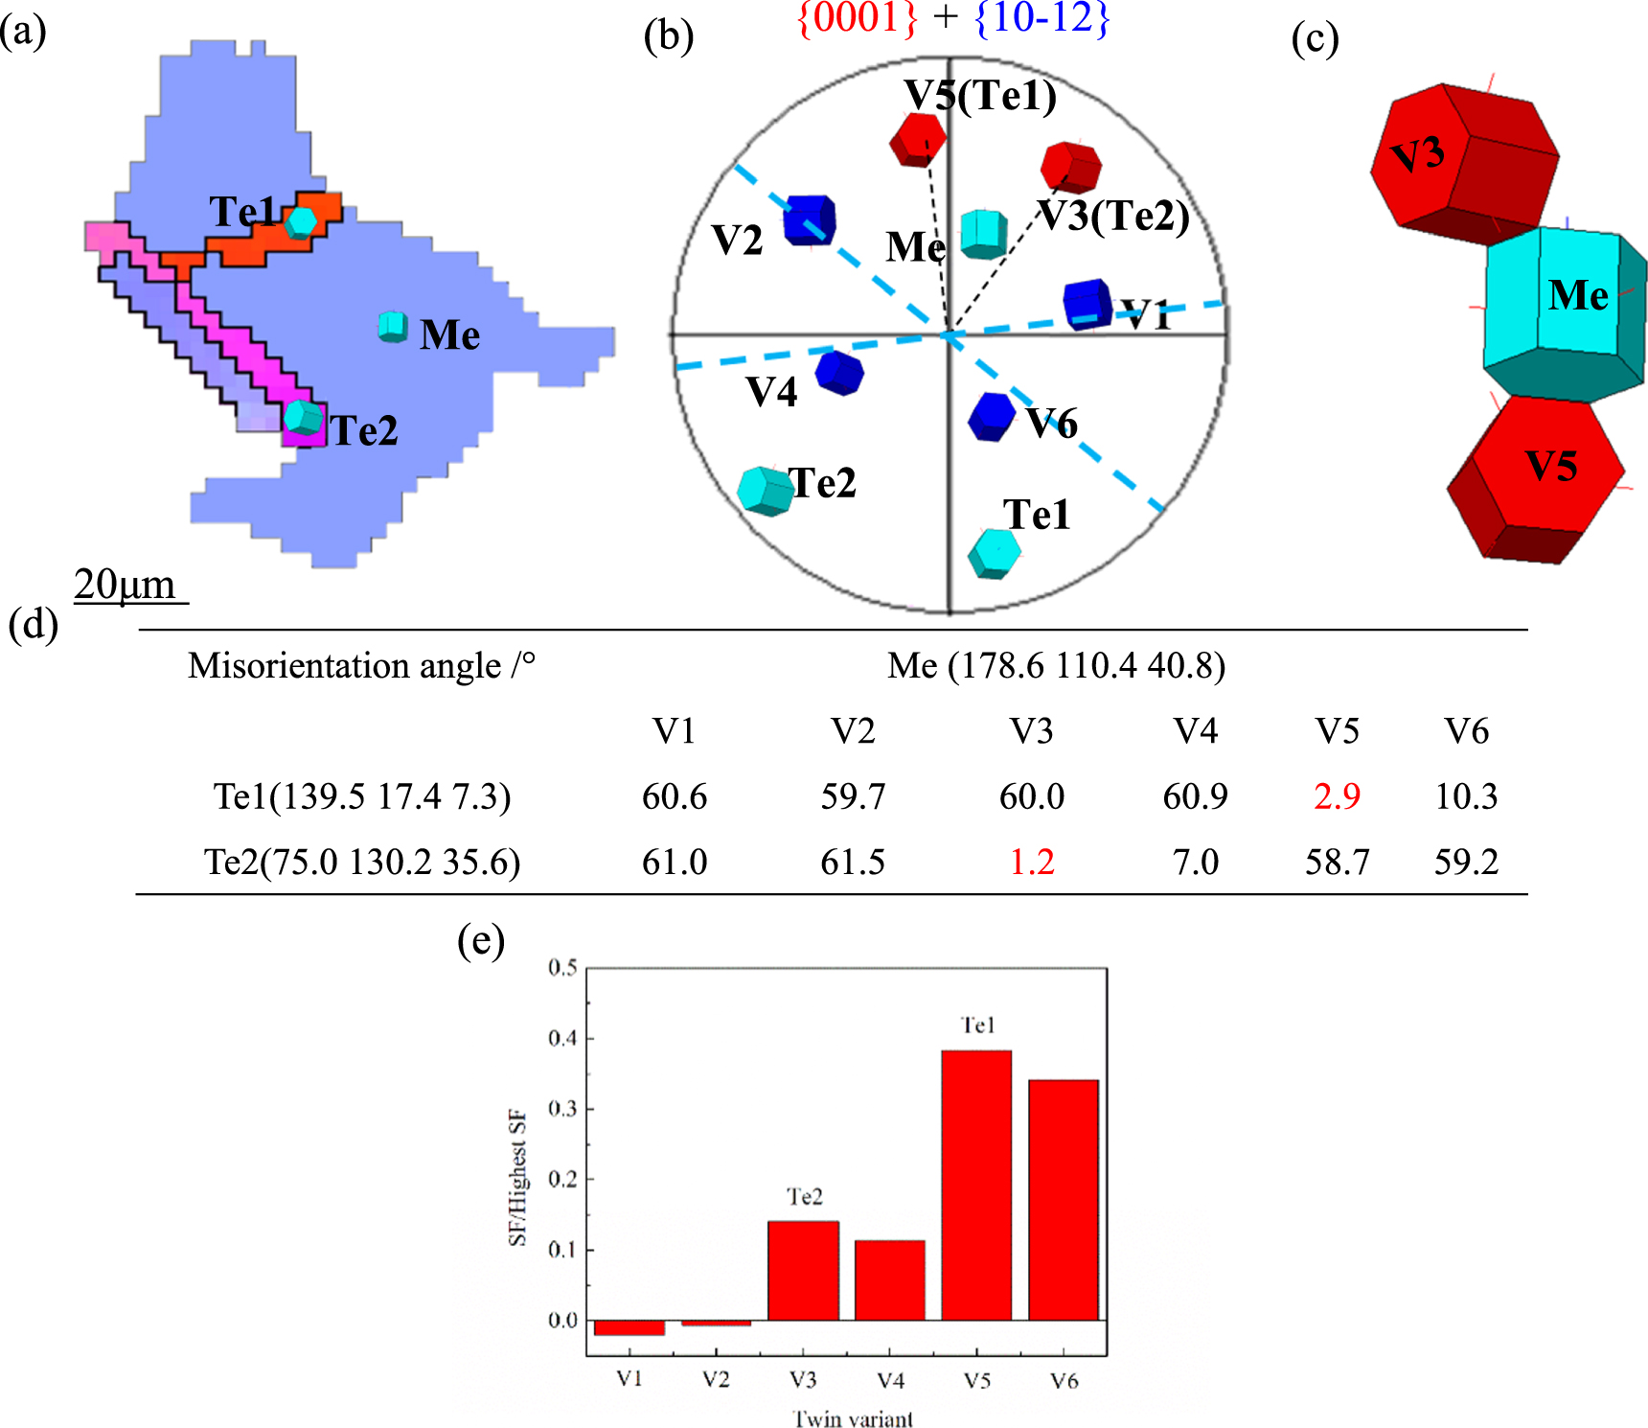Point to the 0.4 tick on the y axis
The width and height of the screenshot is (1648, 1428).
pyautogui.click(x=562, y=1038)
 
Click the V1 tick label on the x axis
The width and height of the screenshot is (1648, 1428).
pyautogui.click(x=629, y=1379)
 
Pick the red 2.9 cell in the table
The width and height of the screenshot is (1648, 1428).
pyautogui.click(x=1337, y=796)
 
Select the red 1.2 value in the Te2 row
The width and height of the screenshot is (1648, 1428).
pyautogui.click(x=1032, y=862)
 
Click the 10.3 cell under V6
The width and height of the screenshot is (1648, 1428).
pyautogui.click(x=1465, y=796)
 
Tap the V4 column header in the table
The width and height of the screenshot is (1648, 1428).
pyautogui.click(x=1195, y=731)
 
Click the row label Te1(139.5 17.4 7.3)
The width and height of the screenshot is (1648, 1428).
pyautogui.click(x=362, y=796)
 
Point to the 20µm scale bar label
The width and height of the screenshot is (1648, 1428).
pyautogui.click(x=126, y=584)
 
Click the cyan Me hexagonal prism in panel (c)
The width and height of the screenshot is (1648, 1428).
pyautogui.click(x=1562, y=311)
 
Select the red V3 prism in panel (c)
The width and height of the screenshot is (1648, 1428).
pyautogui.click(x=1461, y=163)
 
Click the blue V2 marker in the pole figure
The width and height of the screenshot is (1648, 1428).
pyautogui.click(x=809, y=220)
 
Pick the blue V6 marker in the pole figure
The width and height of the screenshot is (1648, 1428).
pyautogui.click(x=991, y=417)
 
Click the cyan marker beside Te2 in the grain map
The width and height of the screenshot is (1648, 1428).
pyautogui.click(x=304, y=418)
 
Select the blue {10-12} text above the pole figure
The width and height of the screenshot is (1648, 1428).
pyautogui.click(x=1041, y=18)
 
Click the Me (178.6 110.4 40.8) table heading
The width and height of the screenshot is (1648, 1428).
pyautogui.click(x=1056, y=665)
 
